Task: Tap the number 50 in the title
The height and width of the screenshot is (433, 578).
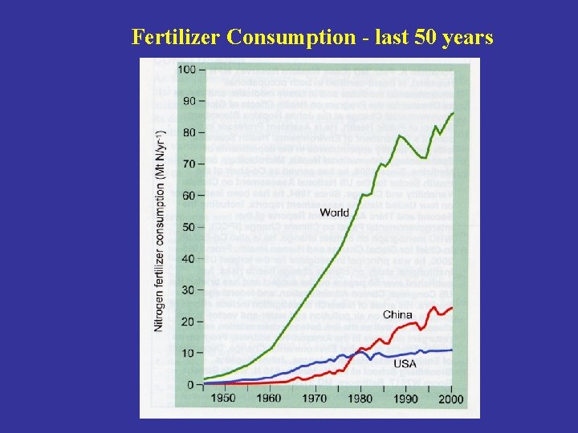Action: pos(421,37)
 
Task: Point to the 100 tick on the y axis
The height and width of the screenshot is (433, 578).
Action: pos(185,70)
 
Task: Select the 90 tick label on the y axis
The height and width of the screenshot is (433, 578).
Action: pos(188,101)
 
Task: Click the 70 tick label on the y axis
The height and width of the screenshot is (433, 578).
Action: pos(188,164)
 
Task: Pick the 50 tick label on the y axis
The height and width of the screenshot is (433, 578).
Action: pos(188,227)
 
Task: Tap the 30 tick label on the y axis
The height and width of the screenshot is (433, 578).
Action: pos(188,290)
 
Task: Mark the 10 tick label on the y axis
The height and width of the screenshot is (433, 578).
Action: pos(188,353)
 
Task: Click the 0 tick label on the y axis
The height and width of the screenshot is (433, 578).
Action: pos(191,385)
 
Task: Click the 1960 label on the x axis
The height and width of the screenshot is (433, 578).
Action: pos(269,399)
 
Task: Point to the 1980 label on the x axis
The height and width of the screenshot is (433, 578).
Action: pos(361,399)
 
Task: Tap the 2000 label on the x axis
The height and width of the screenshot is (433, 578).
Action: pos(452,399)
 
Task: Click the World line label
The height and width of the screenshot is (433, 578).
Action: pos(334,212)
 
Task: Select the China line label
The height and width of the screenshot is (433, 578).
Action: pos(397,314)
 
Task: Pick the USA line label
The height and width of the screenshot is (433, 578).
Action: pos(405,364)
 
